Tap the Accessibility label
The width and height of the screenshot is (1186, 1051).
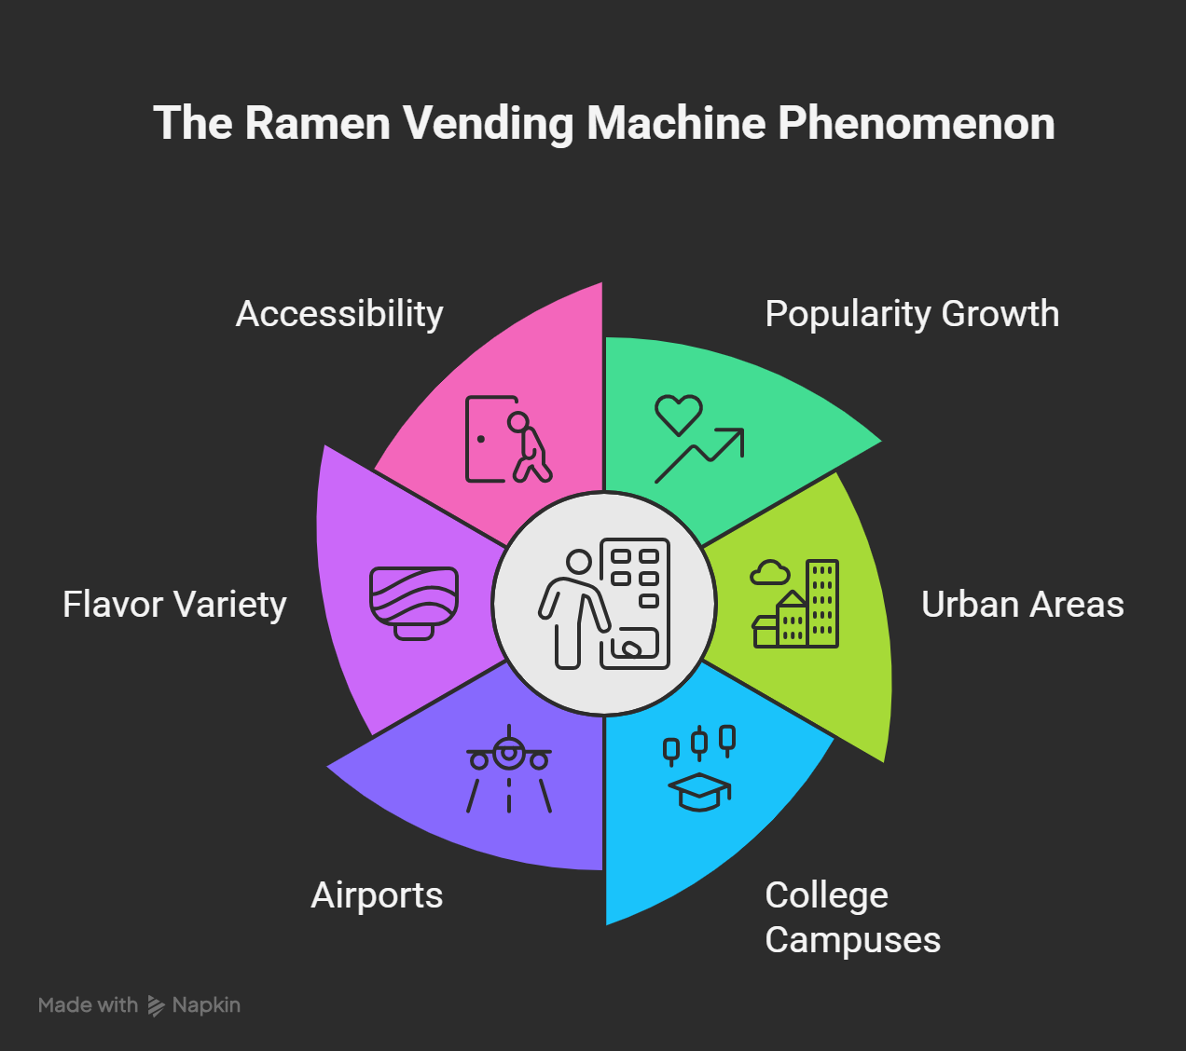pyautogui.click(x=339, y=314)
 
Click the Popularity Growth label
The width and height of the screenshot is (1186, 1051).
pyautogui.click(x=911, y=314)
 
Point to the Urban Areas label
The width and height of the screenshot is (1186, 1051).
pyautogui.click(x=1022, y=605)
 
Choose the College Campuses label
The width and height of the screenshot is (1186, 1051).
pyautogui.click(x=851, y=917)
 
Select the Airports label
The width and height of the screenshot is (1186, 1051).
pyautogui.click(x=377, y=895)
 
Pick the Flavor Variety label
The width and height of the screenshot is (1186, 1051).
pyautogui.click(x=174, y=605)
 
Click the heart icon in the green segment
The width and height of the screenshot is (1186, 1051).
pyautogui.click(x=678, y=415)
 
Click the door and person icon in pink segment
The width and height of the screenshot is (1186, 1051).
pyautogui.click(x=507, y=440)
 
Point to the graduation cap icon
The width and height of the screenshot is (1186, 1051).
pyautogui.click(x=699, y=791)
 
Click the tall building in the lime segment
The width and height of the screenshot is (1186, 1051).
pyautogui.click(x=822, y=603)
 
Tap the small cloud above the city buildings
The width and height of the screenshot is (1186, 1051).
pyautogui.click(x=770, y=572)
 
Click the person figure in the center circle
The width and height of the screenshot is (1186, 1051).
pyautogui.click(x=572, y=609)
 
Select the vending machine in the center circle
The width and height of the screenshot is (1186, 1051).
pyautogui.click(x=635, y=602)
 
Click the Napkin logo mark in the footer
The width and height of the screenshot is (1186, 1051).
pyautogui.click(x=156, y=1006)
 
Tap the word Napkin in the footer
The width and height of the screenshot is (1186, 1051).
pyautogui.click(x=206, y=1005)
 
